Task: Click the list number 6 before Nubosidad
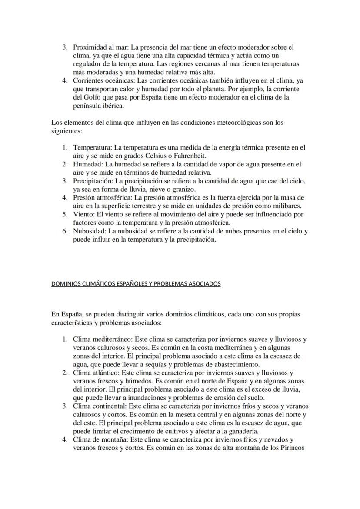pos(64,231)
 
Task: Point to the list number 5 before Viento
pos(64,214)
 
